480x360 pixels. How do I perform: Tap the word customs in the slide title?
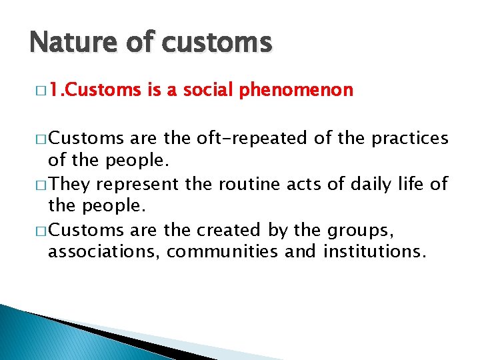tap(217, 43)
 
